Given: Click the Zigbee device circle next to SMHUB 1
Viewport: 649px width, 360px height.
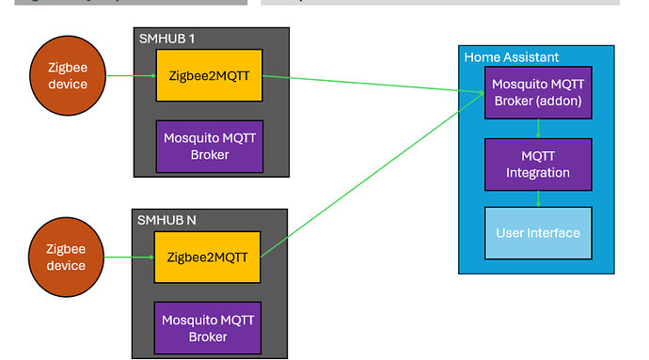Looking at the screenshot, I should coord(68,75).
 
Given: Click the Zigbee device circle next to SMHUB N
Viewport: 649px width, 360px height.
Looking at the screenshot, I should coord(68,257).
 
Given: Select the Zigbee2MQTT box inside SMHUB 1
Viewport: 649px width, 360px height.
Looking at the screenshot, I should coord(209,75).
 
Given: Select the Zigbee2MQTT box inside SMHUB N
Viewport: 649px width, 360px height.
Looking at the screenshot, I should coord(207,257).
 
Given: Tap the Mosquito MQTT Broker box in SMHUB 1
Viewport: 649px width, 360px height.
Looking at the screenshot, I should coord(209,146).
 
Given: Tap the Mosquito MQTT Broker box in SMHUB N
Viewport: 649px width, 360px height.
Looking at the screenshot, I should coord(207,327).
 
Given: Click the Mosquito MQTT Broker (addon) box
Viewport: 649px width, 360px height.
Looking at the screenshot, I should coord(537,92).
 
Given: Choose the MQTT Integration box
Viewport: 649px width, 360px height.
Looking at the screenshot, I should coord(537,164).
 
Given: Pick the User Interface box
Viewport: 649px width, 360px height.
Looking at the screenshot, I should coord(537,233).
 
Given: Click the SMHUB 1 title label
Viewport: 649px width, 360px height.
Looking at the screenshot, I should coord(166,38).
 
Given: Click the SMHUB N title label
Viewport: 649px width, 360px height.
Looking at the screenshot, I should coord(167,220).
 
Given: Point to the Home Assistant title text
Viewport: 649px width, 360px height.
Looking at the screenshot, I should coord(511,57).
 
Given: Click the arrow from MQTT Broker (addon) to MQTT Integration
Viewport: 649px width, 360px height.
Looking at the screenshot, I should coord(538,128).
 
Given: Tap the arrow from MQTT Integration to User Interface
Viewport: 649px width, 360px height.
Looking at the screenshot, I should coord(538,198).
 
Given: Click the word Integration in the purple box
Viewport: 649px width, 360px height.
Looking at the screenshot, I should coord(538,173).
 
